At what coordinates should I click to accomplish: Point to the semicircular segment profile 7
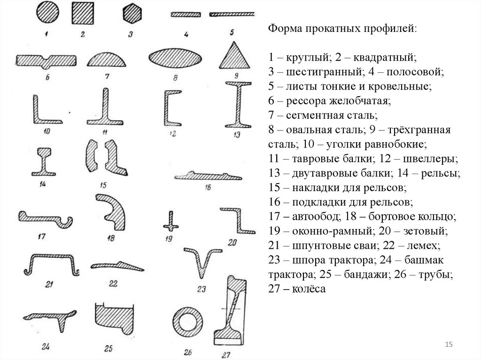[107, 60]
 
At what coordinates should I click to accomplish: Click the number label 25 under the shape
[109, 349]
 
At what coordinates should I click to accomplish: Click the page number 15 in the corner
[448, 345]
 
